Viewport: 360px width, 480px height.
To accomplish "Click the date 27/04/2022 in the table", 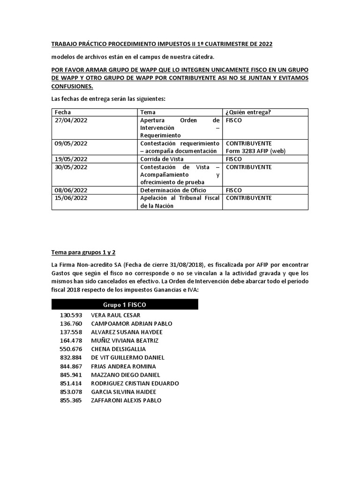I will pyautogui.click(x=71, y=120).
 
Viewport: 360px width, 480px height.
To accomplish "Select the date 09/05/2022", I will pyautogui.click(x=71, y=143).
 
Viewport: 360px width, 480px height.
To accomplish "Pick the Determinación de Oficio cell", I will pyautogui.click(x=173, y=190).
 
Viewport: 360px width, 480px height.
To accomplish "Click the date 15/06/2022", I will pyautogui.click(x=71, y=198).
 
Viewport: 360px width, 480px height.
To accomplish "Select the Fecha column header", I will pyautogui.click(x=63, y=112).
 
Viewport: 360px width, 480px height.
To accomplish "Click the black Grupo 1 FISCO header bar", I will pyautogui.click(x=124, y=304).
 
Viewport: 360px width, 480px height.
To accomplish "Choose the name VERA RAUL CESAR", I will pyautogui.click(x=115, y=315).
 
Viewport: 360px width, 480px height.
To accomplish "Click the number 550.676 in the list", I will pyautogui.click(x=71, y=349).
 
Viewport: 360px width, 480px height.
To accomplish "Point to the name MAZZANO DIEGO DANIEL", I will pyautogui.click(x=125, y=375).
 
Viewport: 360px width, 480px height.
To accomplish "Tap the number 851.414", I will pyautogui.click(x=71, y=383).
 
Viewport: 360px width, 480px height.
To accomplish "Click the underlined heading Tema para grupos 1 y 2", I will pyautogui.click(x=83, y=253).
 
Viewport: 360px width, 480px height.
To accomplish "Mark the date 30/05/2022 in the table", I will pyautogui.click(x=71, y=167).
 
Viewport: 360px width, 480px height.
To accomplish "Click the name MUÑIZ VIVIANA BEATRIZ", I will pyautogui.click(x=124, y=340).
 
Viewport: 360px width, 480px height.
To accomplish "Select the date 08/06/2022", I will pyautogui.click(x=71, y=190).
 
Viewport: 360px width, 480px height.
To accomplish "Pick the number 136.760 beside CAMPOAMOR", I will pyautogui.click(x=71, y=323).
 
